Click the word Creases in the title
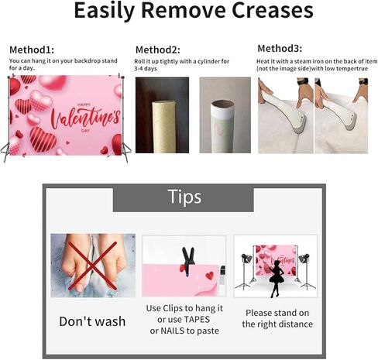pyautogui.click(x=273, y=10)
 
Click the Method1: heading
pyautogui.click(x=32, y=50)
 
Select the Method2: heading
pyautogui.click(x=158, y=50)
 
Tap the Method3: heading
pyautogui.click(x=280, y=48)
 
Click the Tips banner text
pyautogui.click(x=184, y=197)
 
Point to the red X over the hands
pyautogui.click(x=92, y=266)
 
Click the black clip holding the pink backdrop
pyautogui.click(x=188, y=261)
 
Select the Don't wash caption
pyautogui.click(x=92, y=321)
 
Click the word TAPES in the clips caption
pyautogui.click(x=196, y=320)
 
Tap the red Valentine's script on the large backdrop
pyautogui.click(x=85, y=118)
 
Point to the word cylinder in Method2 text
pyautogui.click(x=208, y=61)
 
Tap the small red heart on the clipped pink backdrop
pyautogui.click(x=209, y=276)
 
